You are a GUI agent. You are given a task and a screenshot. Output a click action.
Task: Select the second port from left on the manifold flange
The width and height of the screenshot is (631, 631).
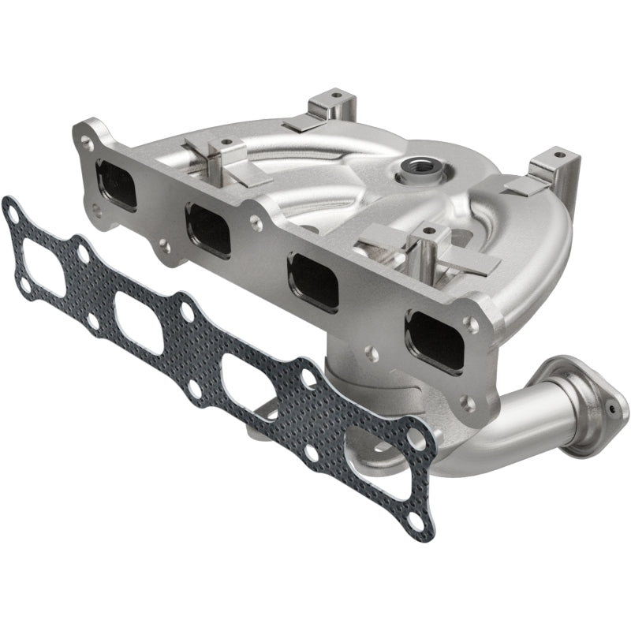pos(209,230)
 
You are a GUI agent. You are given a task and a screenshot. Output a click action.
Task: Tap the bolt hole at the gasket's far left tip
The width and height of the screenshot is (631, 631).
pos(10,211)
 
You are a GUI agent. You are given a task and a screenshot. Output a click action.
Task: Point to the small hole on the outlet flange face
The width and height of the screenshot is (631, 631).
pos(611,410)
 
